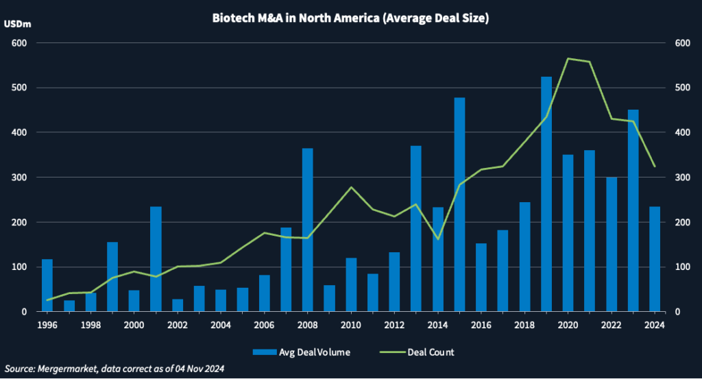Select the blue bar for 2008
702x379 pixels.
[307, 230]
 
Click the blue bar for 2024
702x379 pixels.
[655, 259]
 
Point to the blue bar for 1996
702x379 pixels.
[47, 285]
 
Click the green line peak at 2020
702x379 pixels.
[568, 59]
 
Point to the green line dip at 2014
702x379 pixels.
[437, 239]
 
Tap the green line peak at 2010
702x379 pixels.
[351, 187]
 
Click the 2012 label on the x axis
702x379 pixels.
[394, 325]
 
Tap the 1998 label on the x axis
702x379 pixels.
[90, 325]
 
